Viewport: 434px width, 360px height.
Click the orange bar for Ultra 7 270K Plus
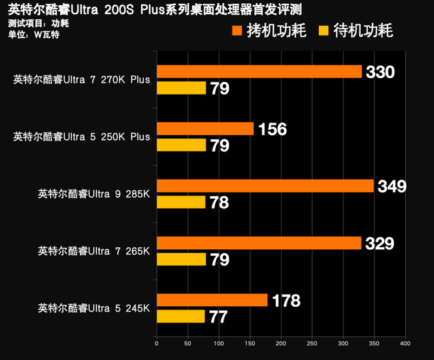click(x=259, y=72)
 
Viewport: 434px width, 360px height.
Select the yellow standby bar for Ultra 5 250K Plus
click(x=181, y=145)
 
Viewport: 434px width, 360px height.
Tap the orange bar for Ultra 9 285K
click(x=265, y=186)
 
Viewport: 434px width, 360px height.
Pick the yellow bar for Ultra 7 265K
click(x=181, y=260)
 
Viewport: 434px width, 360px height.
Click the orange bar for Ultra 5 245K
click(x=212, y=300)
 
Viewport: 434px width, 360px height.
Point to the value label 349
click(x=393, y=186)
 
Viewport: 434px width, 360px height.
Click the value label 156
click(x=272, y=129)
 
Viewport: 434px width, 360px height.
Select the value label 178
click(x=286, y=300)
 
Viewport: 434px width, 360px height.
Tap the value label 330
click(x=380, y=72)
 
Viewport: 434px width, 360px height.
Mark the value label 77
click(x=219, y=317)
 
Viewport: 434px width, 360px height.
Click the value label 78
click(x=220, y=203)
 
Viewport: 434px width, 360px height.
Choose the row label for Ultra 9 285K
click(x=94, y=193)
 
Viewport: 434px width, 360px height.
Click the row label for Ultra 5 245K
click(x=94, y=307)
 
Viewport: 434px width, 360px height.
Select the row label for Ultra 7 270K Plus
click(x=81, y=80)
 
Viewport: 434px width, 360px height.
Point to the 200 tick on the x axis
click(x=280, y=343)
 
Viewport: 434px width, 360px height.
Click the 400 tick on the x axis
click(x=404, y=343)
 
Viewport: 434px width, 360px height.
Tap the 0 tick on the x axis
click(x=157, y=343)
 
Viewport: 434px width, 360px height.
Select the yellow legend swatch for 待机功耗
click(x=323, y=30)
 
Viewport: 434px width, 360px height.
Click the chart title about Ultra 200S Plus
click(x=155, y=10)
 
